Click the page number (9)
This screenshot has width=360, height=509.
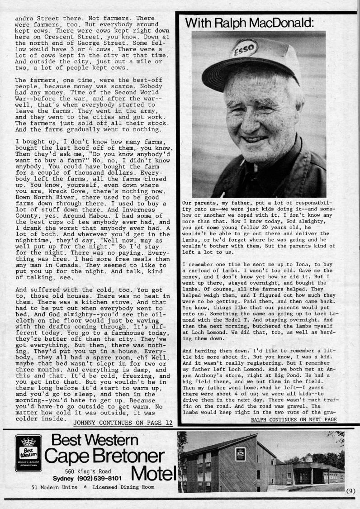coord(351,490)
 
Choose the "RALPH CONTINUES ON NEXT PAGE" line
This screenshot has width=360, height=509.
coord(294,419)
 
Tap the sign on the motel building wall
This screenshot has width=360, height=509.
coord(241,454)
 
